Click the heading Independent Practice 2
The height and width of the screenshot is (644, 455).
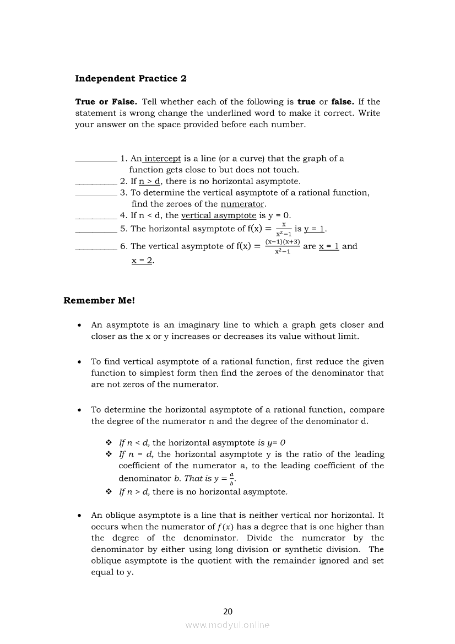[x=131, y=79]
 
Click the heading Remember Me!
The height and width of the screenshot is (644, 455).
[x=99, y=301]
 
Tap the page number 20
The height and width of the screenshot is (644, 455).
[x=228, y=611]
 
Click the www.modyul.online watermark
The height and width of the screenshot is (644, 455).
[x=227, y=625]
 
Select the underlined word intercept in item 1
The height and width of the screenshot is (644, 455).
[x=162, y=159]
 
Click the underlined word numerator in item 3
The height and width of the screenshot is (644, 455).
[x=242, y=204]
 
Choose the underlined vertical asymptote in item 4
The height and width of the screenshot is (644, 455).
[x=219, y=215]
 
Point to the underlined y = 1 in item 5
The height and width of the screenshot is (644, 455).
[x=315, y=229]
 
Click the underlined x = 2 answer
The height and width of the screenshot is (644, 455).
[x=142, y=261]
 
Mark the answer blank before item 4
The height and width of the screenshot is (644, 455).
[x=95, y=218]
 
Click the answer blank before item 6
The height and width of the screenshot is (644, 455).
[x=95, y=248]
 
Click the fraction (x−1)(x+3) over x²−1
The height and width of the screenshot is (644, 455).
[x=283, y=246]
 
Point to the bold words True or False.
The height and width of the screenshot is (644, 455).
[x=106, y=102]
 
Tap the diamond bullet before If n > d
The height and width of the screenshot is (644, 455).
[x=109, y=492]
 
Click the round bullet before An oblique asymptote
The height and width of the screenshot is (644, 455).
[x=80, y=516]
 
